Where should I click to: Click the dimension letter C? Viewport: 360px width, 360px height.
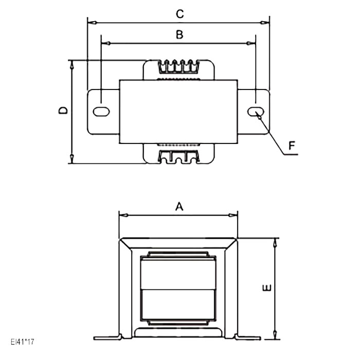click(179, 14)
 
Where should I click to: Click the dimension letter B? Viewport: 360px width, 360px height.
click(179, 35)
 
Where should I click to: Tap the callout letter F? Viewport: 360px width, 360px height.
click(292, 146)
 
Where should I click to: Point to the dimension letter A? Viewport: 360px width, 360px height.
click(179, 206)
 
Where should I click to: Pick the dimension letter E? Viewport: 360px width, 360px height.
click(266, 288)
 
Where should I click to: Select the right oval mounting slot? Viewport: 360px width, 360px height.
click(256, 112)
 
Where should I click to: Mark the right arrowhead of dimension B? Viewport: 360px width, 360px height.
click(252, 43)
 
